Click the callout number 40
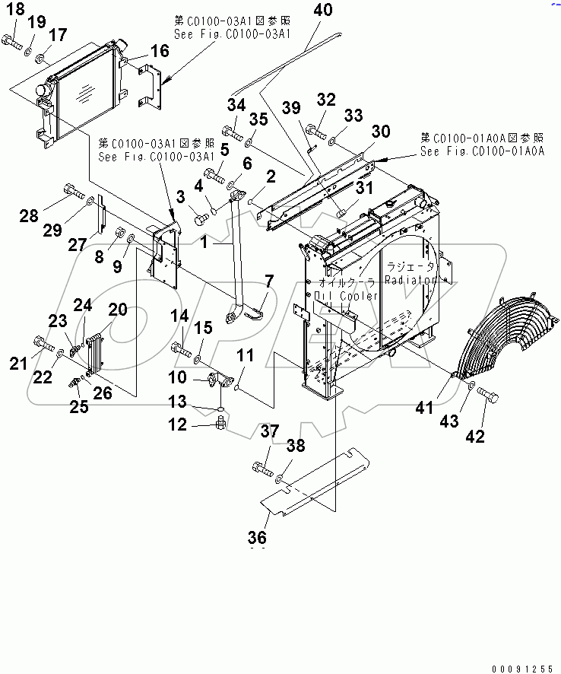point(323,11)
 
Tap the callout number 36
point(257,538)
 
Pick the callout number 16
point(159,51)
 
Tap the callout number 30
point(380,132)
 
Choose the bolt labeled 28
point(71,191)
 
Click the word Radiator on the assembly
point(410,280)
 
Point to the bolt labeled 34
point(231,133)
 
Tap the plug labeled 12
point(219,420)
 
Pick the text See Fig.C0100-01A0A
point(482,151)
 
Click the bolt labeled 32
point(315,135)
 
